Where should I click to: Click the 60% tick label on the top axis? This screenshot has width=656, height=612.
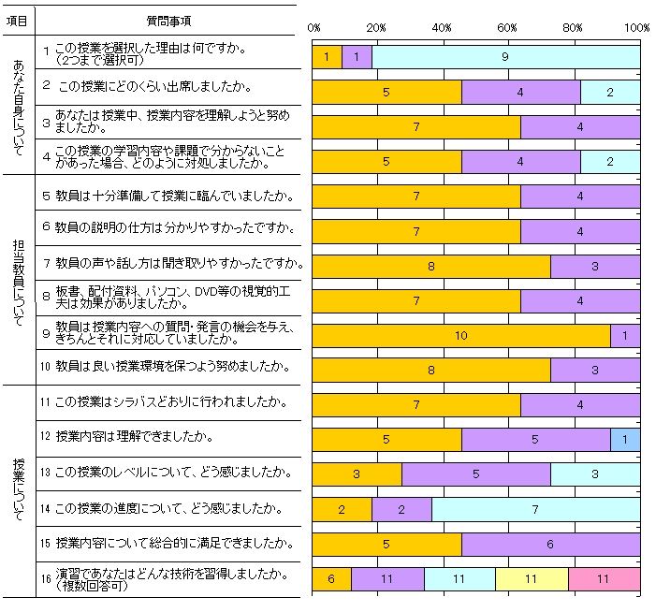click(x=509, y=28)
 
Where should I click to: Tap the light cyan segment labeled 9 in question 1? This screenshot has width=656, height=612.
click(x=505, y=56)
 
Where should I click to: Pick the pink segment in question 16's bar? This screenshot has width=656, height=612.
click(x=604, y=578)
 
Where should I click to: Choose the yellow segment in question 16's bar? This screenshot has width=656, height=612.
click(x=532, y=578)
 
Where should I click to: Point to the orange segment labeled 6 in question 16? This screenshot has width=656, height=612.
click(x=331, y=578)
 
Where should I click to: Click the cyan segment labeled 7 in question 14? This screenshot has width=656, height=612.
click(x=535, y=509)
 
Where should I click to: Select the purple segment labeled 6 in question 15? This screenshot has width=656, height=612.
click(x=550, y=544)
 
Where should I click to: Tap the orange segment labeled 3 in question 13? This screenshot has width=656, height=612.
click(x=357, y=474)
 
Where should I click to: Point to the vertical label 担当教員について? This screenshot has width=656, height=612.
click(x=20, y=278)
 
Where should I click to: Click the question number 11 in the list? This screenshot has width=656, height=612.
click(x=45, y=402)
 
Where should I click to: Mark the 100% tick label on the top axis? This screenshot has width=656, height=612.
click(x=637, y=28)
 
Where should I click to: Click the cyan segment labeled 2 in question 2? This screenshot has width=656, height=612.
click(x=610, y=92)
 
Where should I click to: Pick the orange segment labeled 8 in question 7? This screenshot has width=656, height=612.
click(x=430, y=266)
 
